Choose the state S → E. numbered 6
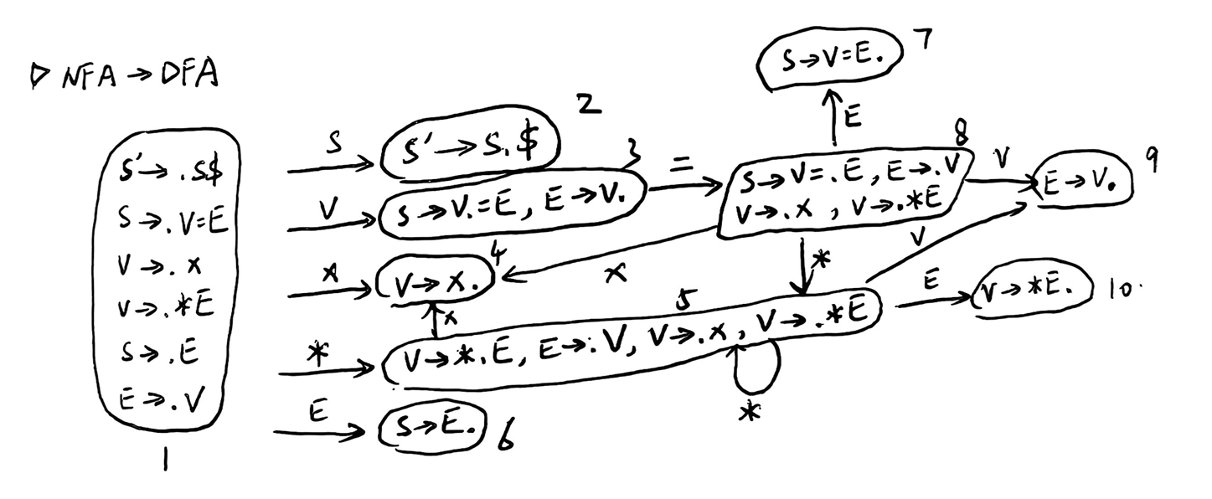(x=432, y=430)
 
